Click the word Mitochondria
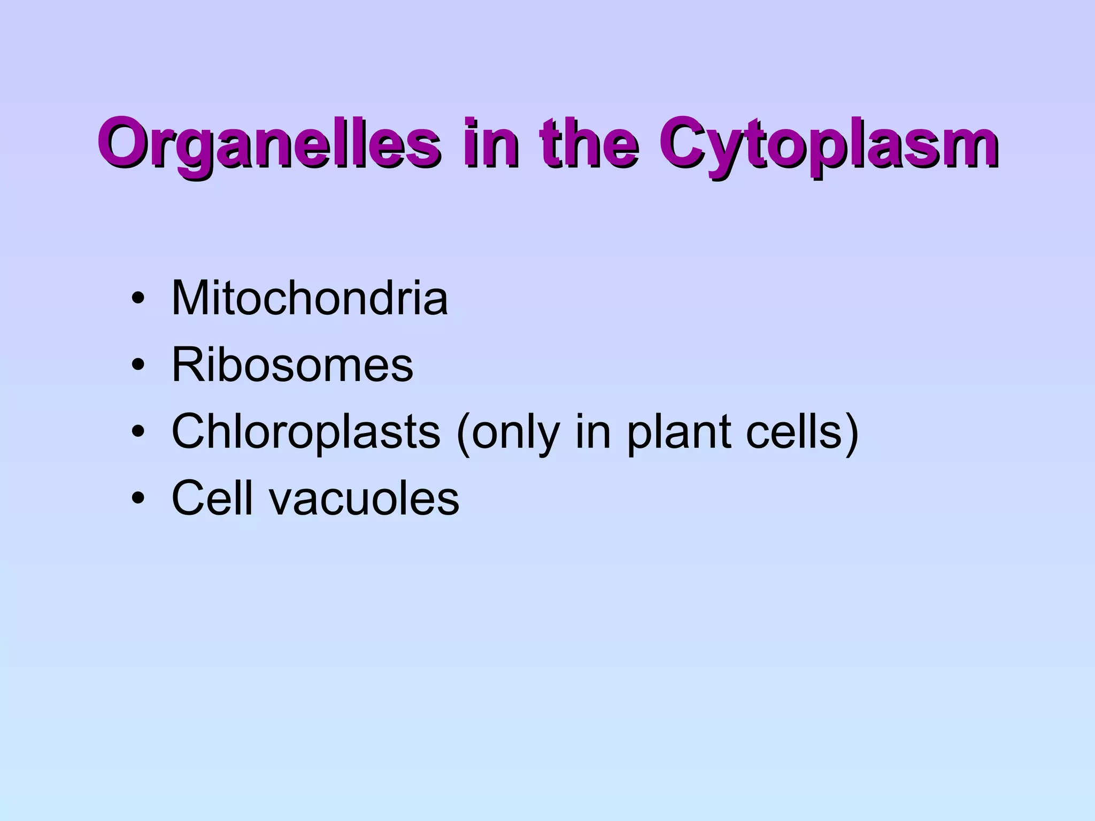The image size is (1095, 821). tap(310, 298)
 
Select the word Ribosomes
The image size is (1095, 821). tap(292, 366)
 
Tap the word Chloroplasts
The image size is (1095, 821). tap(306, 432)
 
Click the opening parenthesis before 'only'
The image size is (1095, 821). tap(463, 433)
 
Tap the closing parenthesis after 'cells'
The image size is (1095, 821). tap(851, 433)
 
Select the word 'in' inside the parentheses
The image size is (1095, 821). tap(592, 432)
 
